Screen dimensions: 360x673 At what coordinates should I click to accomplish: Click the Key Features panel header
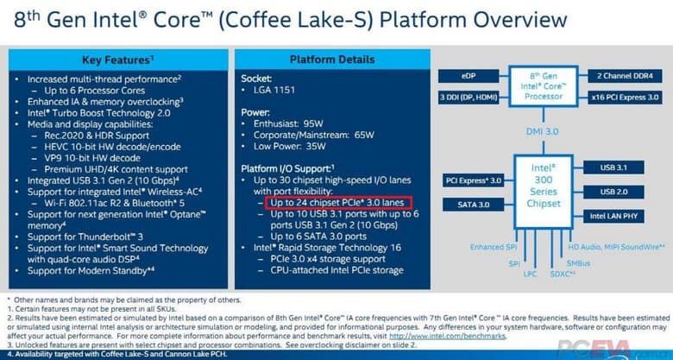[118, 60]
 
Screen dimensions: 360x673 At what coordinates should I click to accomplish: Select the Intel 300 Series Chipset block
[543, 183]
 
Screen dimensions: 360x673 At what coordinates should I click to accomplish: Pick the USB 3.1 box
[619, 167]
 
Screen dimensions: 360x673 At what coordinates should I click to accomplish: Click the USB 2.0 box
[619, 190]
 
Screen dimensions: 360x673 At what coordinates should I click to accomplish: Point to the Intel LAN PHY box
[619, 213]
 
